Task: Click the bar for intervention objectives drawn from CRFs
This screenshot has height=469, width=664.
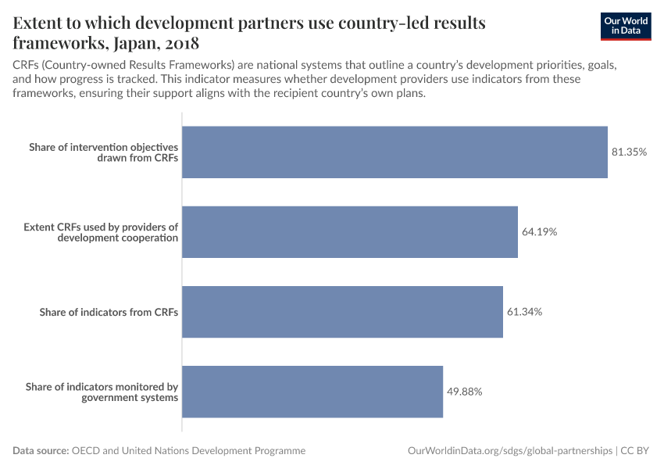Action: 394,152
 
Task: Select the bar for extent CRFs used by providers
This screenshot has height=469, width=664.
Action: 350,232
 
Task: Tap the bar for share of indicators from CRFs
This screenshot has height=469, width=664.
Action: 342,312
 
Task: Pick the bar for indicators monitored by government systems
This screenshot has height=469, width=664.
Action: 312,392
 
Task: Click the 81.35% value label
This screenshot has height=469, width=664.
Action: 629,152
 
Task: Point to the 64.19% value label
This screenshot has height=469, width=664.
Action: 539,232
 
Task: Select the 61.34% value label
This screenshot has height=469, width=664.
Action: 524,312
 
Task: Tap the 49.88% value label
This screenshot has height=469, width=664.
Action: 464,392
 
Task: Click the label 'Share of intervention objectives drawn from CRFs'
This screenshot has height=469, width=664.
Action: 103,152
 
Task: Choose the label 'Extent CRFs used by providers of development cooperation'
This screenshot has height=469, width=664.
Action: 101,232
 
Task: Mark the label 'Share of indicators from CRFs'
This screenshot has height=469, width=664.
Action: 109,312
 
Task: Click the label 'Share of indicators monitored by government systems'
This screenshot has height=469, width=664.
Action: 102,392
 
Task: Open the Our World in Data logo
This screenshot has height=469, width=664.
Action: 627,26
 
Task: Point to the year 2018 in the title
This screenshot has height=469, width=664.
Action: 188,42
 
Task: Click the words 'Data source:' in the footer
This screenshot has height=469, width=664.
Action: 41,451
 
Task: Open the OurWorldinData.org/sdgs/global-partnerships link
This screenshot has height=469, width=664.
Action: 510,451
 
